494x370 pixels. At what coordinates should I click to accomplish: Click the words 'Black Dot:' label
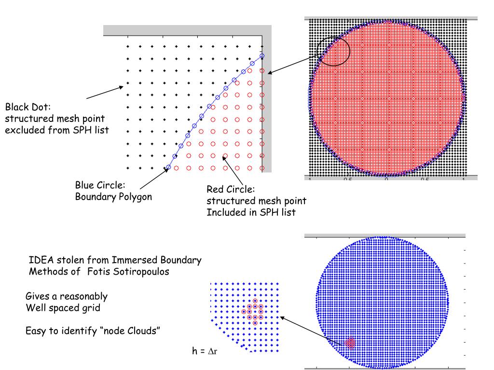tap(27, 106)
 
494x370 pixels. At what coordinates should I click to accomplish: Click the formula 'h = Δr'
tap(206, 352)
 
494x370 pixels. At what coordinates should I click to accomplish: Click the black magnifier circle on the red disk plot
tap(333, 50)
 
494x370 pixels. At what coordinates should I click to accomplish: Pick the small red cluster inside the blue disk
tap(350, 343)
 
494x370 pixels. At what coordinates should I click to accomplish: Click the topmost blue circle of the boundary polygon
tap(262, 56)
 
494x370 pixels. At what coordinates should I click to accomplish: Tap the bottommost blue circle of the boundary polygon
tap(168, 168)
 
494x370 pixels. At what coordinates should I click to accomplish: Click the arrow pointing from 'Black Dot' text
tap(104, 92)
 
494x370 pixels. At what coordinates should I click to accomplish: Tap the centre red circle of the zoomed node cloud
tap(255, 311)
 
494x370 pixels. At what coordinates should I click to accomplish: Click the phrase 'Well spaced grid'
tap(63, 307)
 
